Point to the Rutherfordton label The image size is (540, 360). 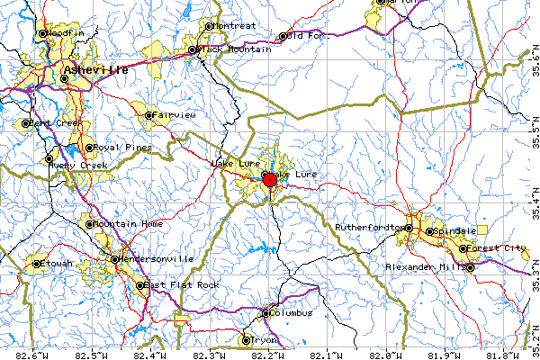pos(370,228)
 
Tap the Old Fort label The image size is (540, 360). pos(307,36)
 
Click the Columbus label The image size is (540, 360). pos(292,313)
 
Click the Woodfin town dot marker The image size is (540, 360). pos(41,33)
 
